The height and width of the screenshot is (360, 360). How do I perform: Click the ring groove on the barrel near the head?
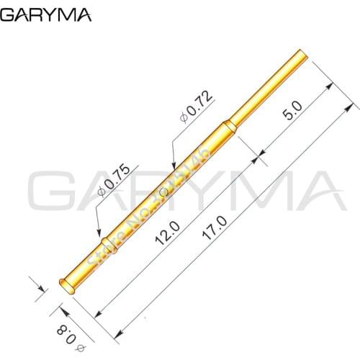105,238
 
